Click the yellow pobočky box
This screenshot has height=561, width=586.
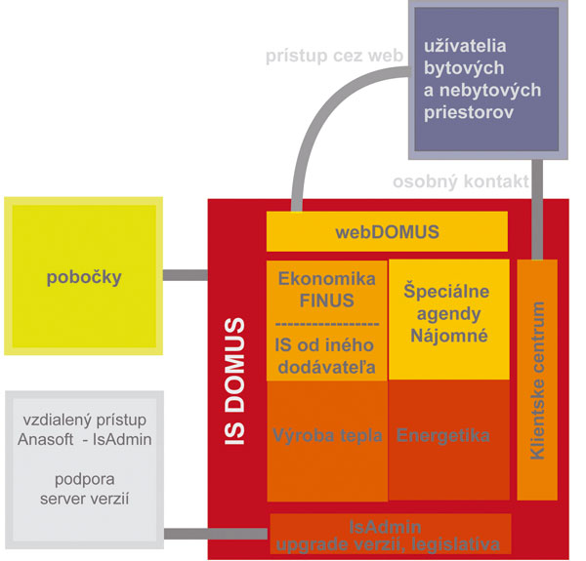pos(82,277)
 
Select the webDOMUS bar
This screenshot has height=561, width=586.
pos(387,232)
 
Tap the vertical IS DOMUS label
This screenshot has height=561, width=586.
pos(235,381)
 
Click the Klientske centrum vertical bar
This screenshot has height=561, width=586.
pos(537,380)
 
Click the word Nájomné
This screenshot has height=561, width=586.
pos(446,336)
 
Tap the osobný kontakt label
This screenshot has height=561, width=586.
pos(460,181)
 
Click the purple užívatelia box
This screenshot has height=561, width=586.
pos(486,78)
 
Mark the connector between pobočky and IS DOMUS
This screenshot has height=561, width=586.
pos(185,276)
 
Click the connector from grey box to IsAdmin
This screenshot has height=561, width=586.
pos(215,534)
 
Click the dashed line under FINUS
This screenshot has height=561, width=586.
pos(327,322)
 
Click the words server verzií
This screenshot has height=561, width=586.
pos(85,501)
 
